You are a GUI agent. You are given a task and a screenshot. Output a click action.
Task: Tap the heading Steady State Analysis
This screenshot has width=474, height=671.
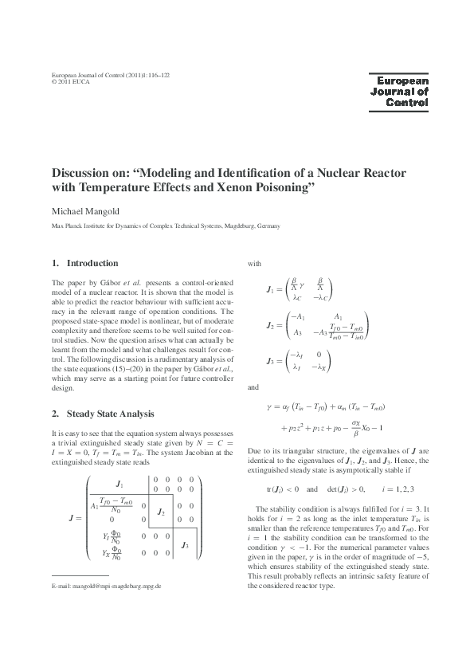pyautogui.click(x=108, y=414)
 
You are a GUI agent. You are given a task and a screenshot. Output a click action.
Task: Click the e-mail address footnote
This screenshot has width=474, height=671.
pyautogui.click(x=106, y=630)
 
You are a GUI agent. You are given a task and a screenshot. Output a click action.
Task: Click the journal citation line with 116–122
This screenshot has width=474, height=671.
pyautogui.click(x=110, y=73)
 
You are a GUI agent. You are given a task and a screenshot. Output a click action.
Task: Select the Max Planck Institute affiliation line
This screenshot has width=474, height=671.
pyautogui.click(x=165, y=226)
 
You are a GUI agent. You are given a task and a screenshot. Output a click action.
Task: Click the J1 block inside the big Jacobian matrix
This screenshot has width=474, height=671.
pyautogui.click(x=119, y=484)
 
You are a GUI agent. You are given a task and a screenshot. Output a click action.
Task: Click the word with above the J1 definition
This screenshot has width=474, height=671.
pyautogui.click(x=254, y=262)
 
